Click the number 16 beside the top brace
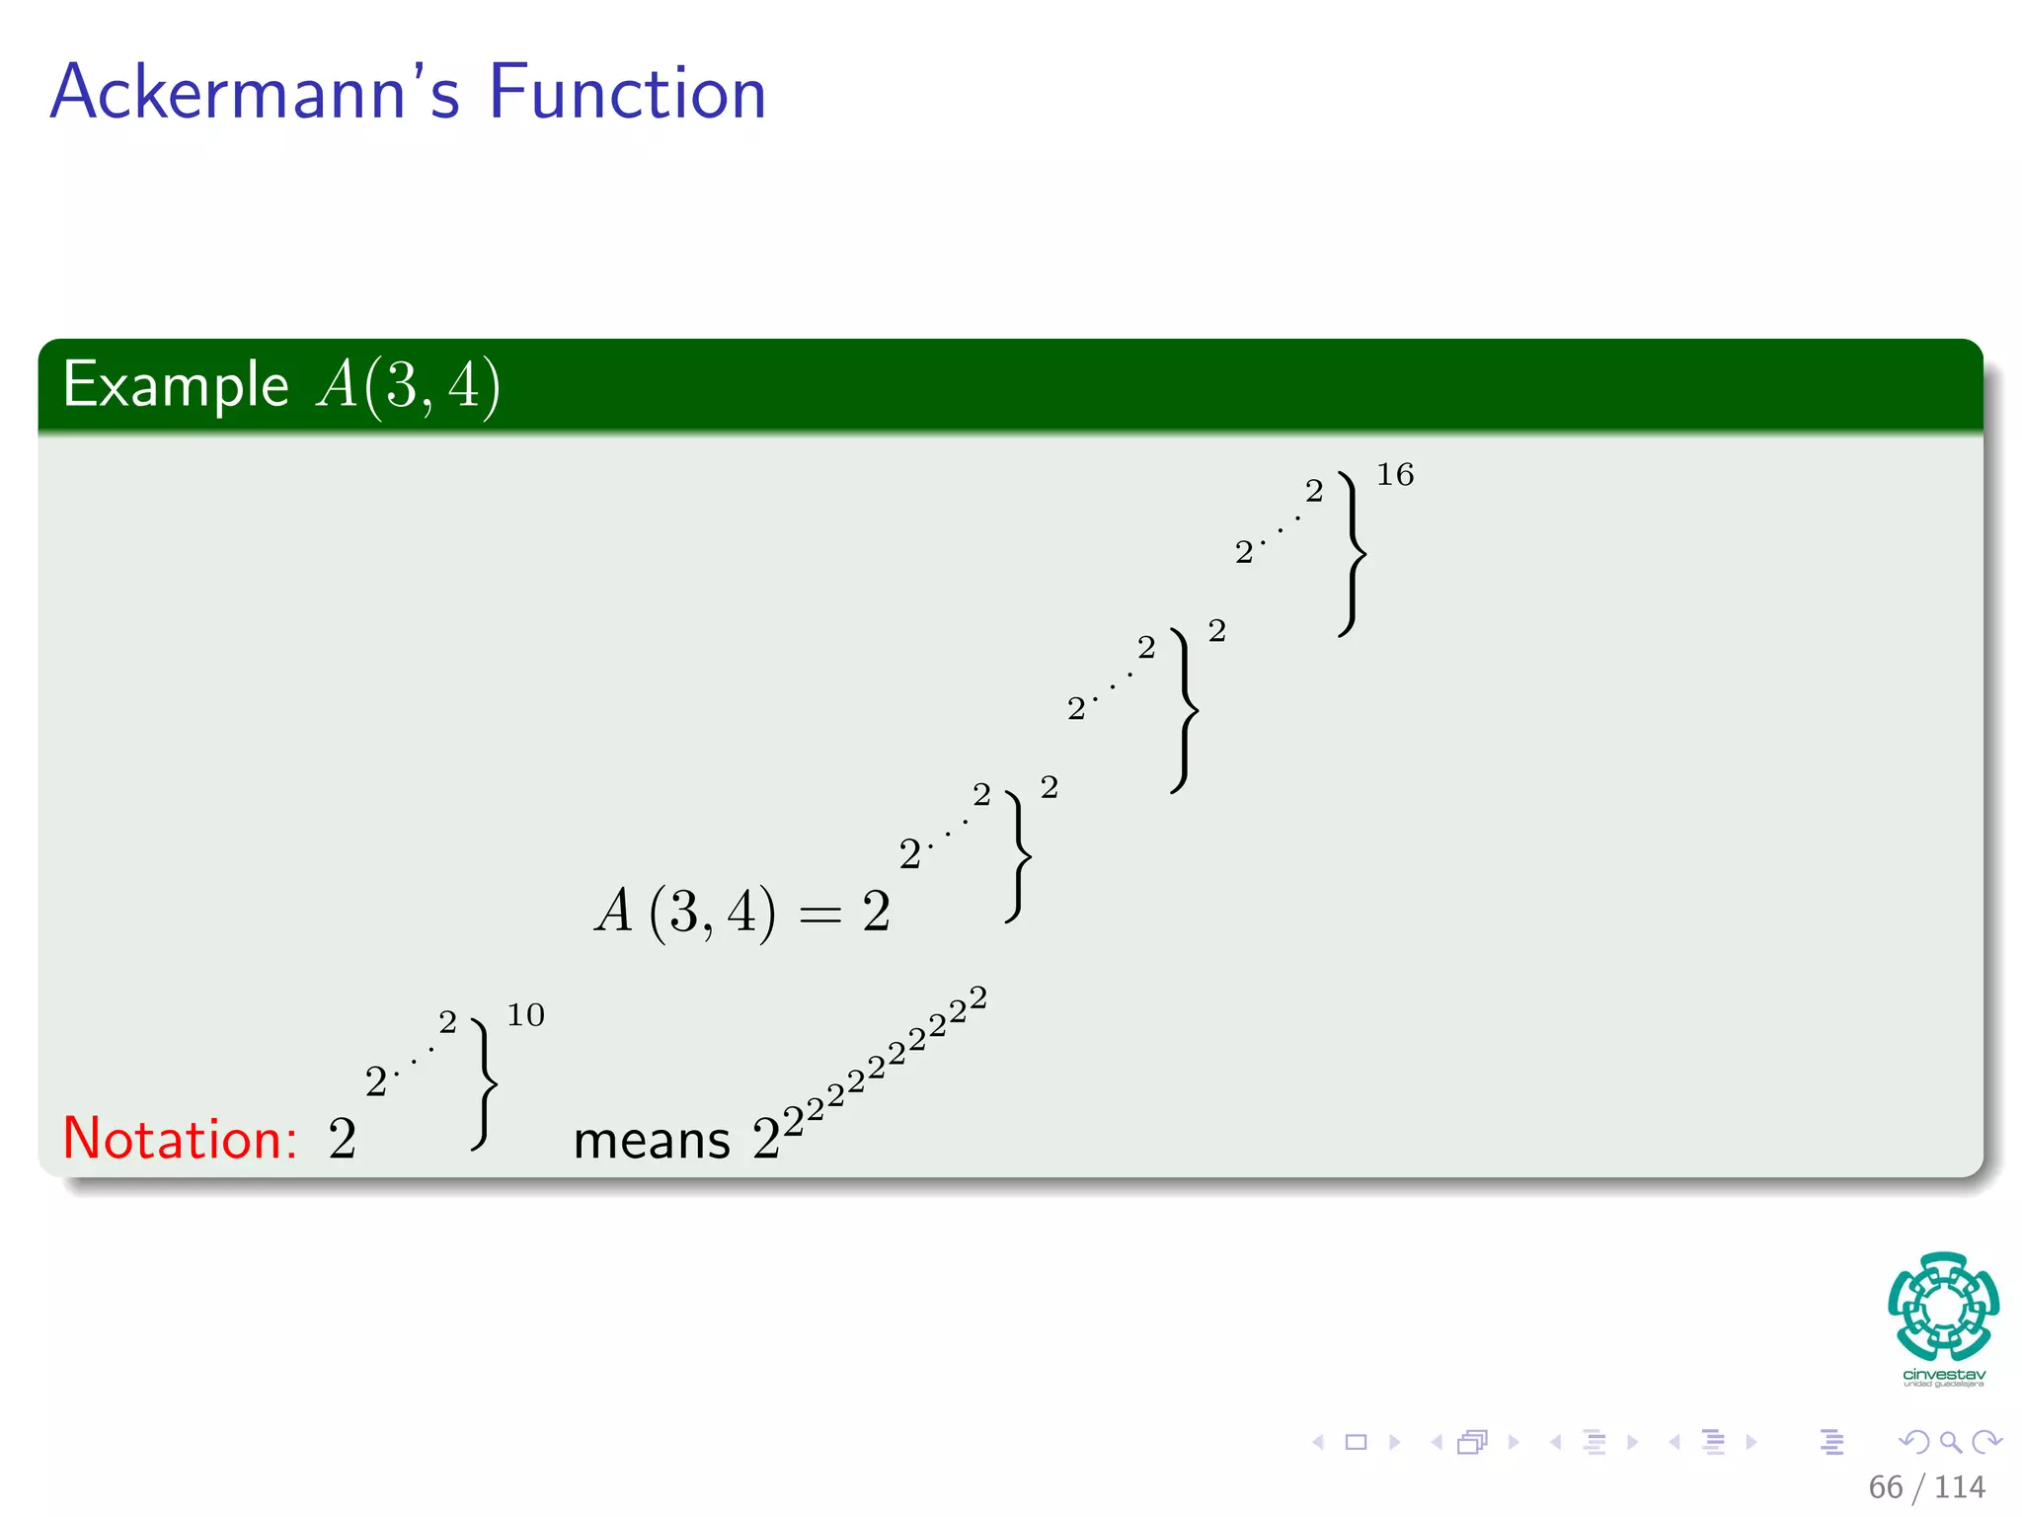pos(1394,475)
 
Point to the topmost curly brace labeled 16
pos(1352,553)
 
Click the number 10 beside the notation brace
pos(525,1015)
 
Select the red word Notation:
pos(180,1139)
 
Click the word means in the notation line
pos(652,1142)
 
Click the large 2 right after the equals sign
pos(876,911)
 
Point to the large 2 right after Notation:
pos(342,1139)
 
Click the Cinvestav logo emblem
pos(1943,1306)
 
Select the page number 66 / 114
pos(1926,1486)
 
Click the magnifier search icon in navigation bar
pos(1950,1442)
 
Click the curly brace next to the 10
pos(484,1084)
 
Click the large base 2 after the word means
pos(766,1139)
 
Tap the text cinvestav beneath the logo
pos(1943,1375)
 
